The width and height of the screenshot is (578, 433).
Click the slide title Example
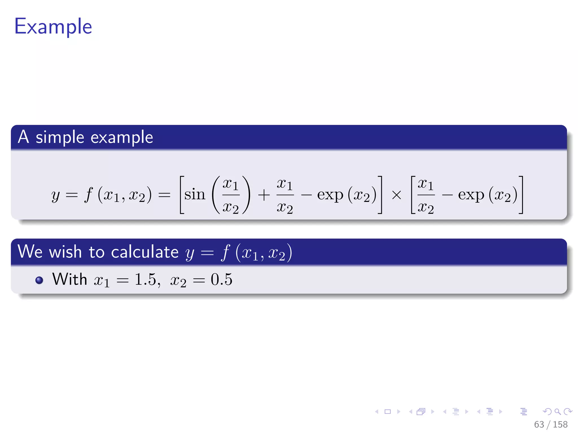[53, 27]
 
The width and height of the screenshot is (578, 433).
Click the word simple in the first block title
[60, 138]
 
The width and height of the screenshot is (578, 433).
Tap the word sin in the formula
[194, 195]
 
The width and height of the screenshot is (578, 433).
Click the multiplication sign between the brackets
[396, 195]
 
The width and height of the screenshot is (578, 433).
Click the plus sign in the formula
[264, 195]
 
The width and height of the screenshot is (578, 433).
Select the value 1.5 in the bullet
[145, 279]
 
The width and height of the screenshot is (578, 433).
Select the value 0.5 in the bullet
[222, 279]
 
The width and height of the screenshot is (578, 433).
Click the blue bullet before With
[39, 280]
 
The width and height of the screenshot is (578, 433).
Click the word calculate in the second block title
[144, 252]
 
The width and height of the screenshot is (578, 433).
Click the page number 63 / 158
[551, 424]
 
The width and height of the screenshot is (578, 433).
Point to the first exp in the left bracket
[330, 195]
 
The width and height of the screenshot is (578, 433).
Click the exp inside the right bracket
[471, 195]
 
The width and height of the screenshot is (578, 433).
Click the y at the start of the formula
[56, 195]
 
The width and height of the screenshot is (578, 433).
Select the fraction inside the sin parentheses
[231, 195]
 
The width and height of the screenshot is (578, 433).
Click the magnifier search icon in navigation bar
[557, 412]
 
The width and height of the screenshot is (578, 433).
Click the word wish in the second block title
[65, 252]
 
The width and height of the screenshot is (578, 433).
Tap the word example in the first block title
[122, 138]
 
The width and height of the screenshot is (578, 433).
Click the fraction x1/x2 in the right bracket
[426, 195]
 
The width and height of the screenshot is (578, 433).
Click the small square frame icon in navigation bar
[388, 412]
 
